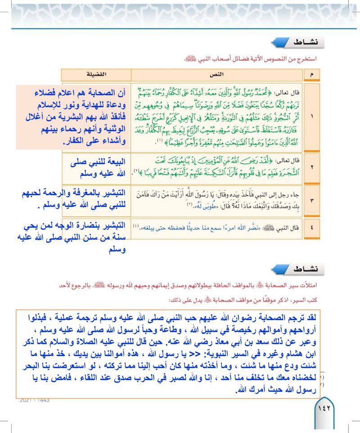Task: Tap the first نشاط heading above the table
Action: pos(310,43)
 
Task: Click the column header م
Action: pos(312,74)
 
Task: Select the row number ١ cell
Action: pos(312,115)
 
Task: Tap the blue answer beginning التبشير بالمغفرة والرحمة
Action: pos(72,199)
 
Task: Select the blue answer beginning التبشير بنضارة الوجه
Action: pos(72,238)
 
